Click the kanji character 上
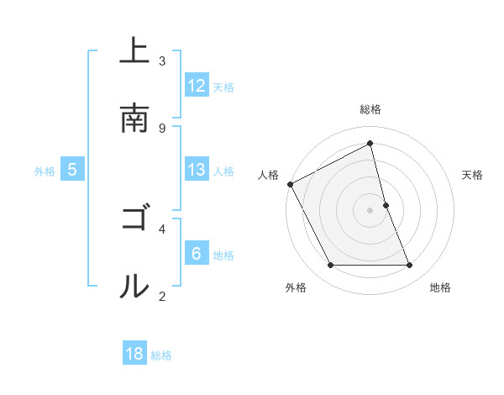(x=134, y=51)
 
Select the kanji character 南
(x=134, y=118)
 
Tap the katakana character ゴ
(x=134, y=219)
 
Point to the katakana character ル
(x=134, y=287)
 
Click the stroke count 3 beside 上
(x=162, y=61)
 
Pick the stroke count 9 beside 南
(x=162, y=128)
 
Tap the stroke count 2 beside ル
(x=162, y=296)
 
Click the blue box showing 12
(x=197, y=86)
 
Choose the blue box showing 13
(x=197, y=170)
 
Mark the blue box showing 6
(x=197, y=254)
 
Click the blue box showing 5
(x=72, y=170)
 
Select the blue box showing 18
(x=134, y=355)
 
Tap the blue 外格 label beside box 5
(x=45, y=171)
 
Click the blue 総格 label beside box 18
(x=161, y=355)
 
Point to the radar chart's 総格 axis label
(x=370, y=109)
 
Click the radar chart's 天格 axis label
(x=473, y=175)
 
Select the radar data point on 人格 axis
(x=290, y=184)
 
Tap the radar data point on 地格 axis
(x=410, y=266)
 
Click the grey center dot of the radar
(x=370, y=210)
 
